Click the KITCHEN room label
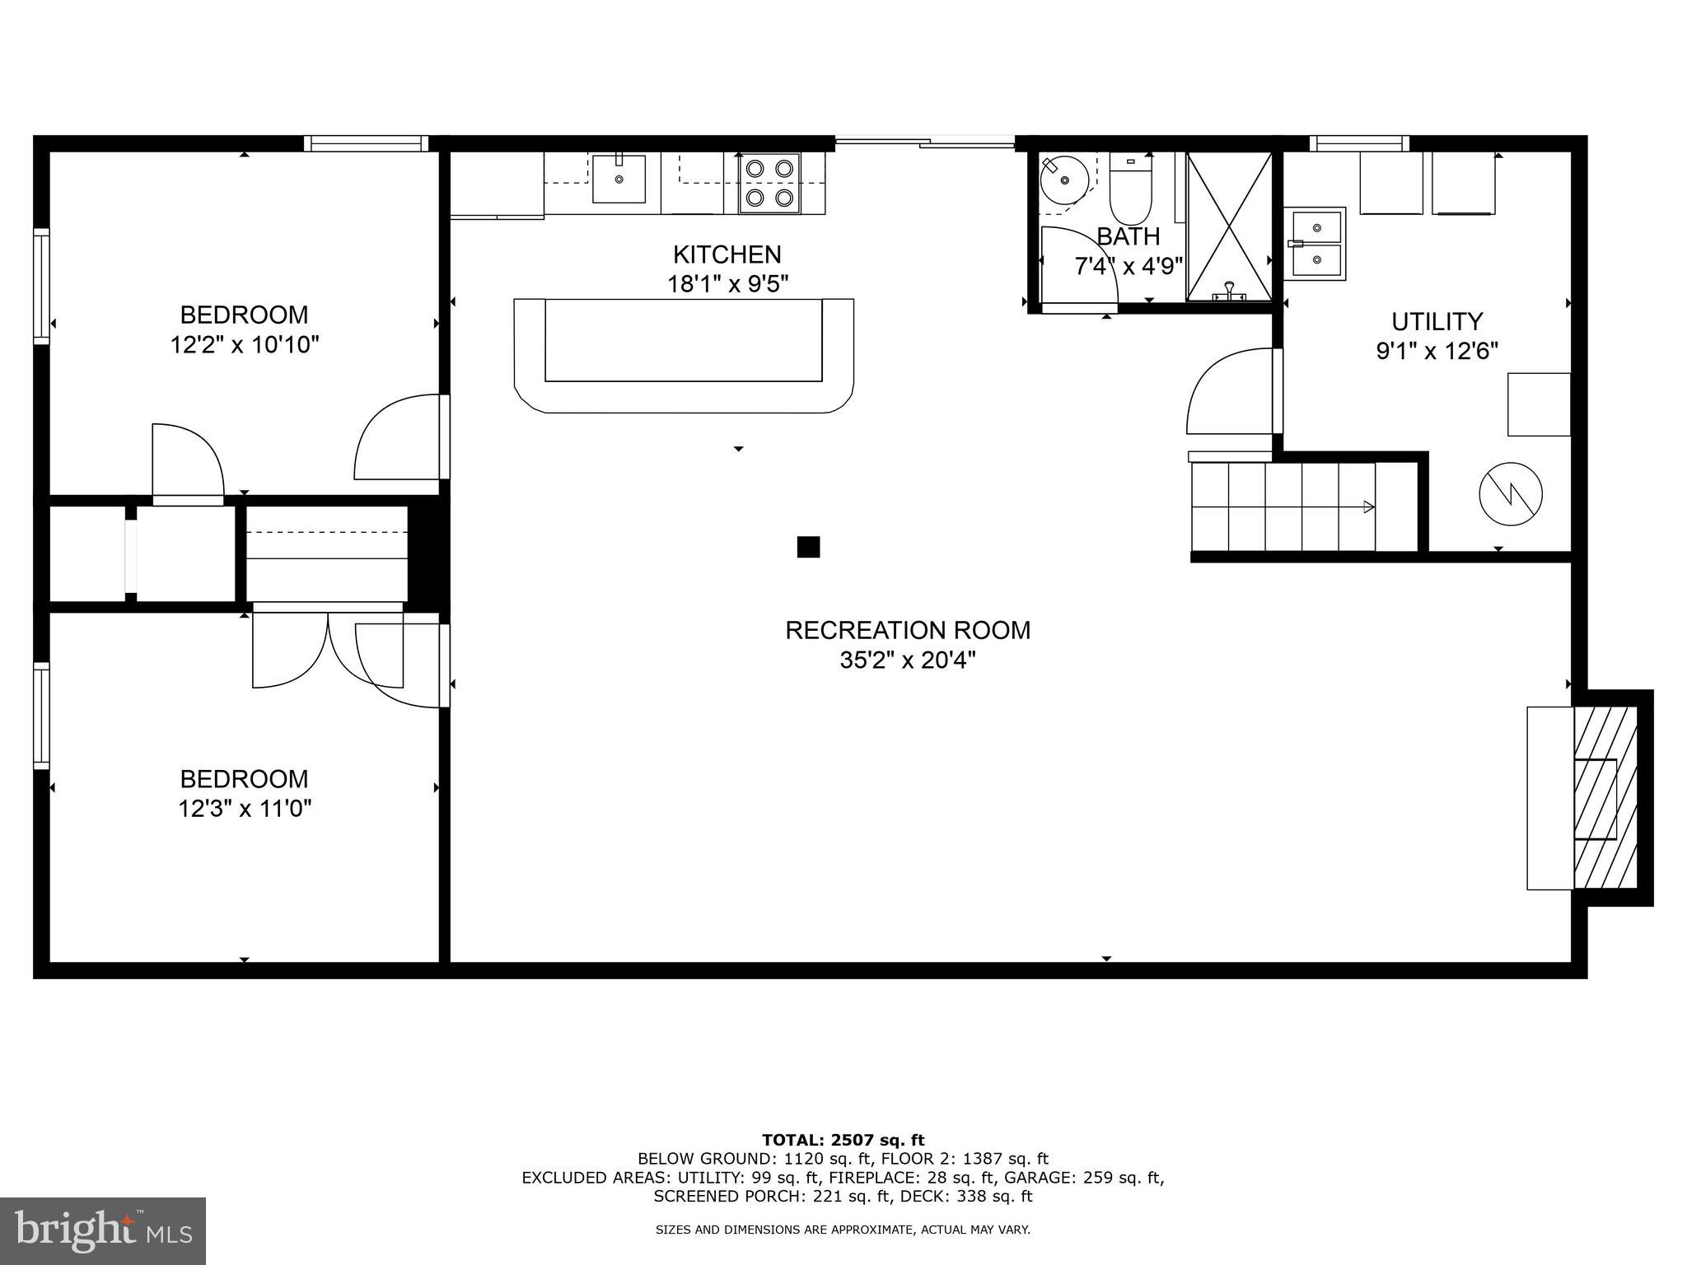point(727,254)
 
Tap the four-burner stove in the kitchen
point(769,184)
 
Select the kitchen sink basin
point(619,178)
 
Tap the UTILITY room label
point(1437,321)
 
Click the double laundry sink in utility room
point(1316,244)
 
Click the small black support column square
point(808,547)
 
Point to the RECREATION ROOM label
point(907,631)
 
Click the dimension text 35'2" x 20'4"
point(907,661)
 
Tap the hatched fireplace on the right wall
point(1604,797)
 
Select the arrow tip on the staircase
point(1369,507)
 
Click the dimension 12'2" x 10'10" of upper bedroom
point(244,344)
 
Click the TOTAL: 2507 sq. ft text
point(843,1140)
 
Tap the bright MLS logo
point(103,1230)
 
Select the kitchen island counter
point(684,354)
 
